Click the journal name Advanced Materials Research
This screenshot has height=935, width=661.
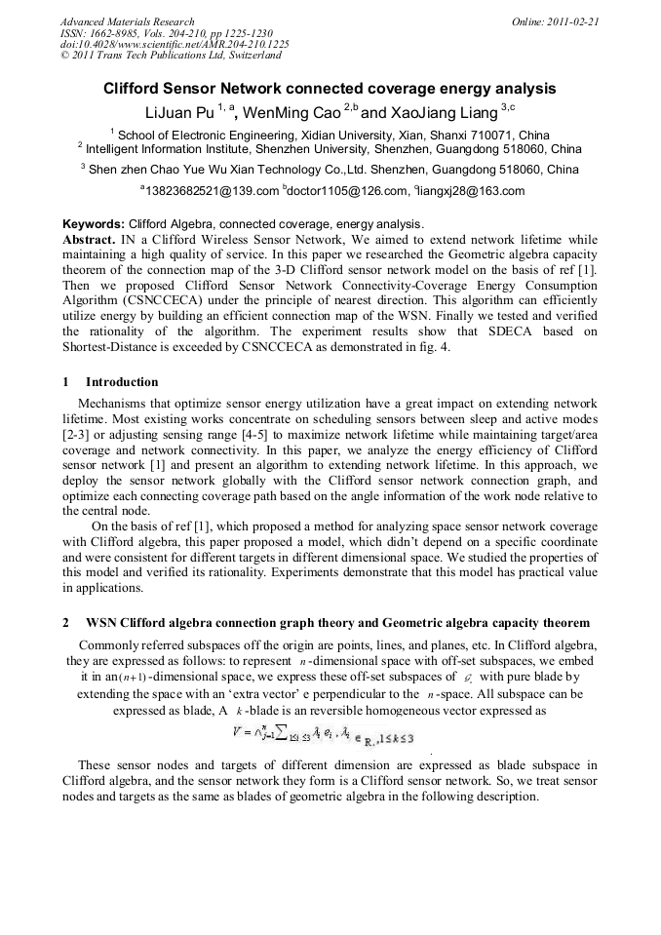[x=127, y=21]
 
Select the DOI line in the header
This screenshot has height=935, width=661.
[x=175, y=45]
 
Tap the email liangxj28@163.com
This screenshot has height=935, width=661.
[x=472, y=191]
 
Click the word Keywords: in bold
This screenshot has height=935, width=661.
[x=94, y=223]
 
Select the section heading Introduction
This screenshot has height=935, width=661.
[x=122, y=382]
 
